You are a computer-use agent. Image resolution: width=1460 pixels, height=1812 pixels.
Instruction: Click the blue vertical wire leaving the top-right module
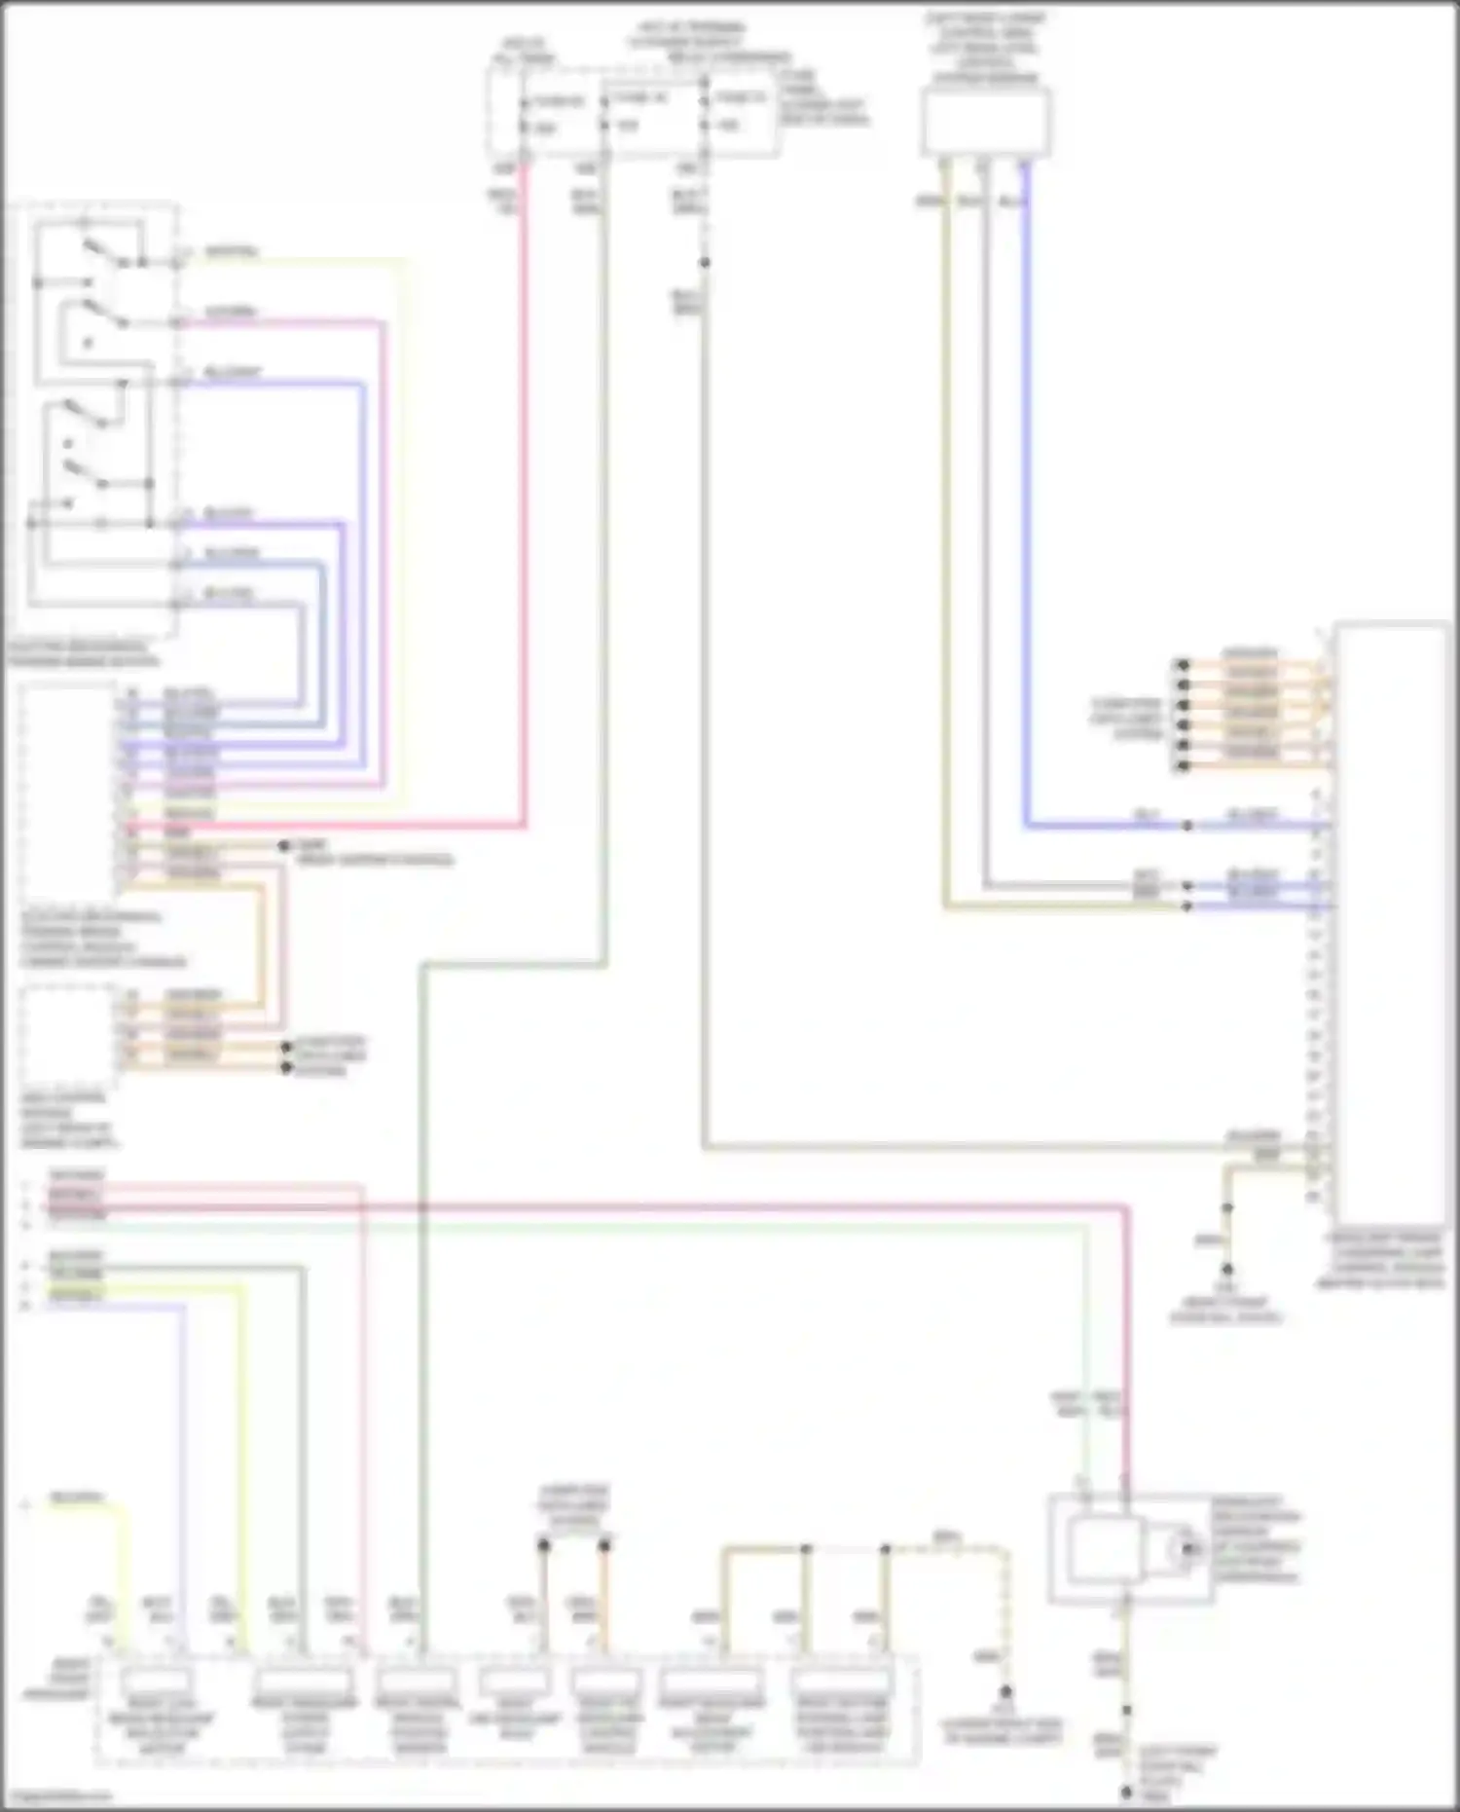point(1025,487)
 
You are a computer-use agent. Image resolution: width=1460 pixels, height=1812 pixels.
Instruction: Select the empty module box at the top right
point(986,121)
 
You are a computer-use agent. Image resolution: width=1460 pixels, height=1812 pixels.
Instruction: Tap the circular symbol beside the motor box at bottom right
point(1188,1547)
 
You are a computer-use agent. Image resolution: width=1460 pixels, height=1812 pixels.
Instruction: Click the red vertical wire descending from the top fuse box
point(524,487)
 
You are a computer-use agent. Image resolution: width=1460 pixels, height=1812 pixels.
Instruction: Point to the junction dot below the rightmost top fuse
point(705,263)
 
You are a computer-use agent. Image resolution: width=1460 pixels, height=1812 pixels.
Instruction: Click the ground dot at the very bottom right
point(1126,1792)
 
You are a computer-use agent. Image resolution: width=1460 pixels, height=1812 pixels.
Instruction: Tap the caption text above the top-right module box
point(985,49)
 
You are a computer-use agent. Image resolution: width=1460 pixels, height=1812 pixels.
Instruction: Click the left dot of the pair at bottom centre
point(544,1545)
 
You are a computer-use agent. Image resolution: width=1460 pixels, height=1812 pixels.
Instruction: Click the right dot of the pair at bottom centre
point(604,1545)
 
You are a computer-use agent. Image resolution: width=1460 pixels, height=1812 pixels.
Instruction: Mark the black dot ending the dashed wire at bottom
point(1006,1692)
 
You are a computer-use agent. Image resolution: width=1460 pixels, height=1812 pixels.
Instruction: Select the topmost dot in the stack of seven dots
point(1183,665)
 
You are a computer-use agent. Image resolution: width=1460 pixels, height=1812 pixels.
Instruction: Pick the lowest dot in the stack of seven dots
point(1183,766)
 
